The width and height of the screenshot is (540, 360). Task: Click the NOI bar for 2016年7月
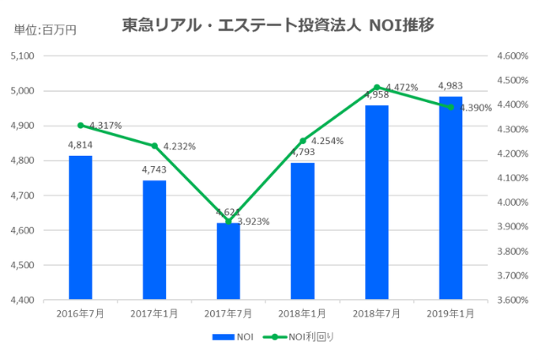(80, 228)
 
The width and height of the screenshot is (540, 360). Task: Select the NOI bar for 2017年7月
(229, 261)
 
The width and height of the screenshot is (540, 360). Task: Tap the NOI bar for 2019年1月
(451, 198)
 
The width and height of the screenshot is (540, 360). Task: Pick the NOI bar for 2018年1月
(302, 231)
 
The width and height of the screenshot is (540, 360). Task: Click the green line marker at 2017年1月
(154, 146)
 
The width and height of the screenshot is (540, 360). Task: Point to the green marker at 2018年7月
(376, 87)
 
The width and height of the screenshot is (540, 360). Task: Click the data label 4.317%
(105, 126)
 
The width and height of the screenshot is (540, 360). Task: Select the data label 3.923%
(253, 222)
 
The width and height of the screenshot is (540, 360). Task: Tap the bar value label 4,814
(80, 145)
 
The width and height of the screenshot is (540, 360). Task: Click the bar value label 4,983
(451, 86)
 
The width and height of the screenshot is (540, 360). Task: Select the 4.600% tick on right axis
(512, 56)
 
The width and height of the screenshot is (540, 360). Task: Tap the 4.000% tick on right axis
(512, 203)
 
